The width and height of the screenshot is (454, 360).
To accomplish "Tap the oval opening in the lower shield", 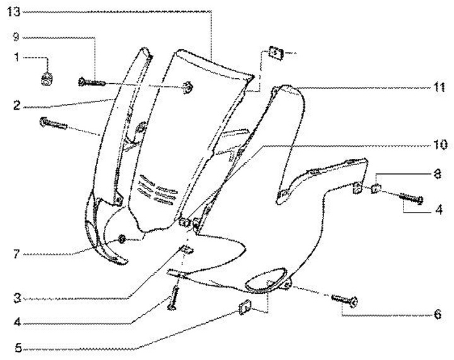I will click(x=264, y=284).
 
